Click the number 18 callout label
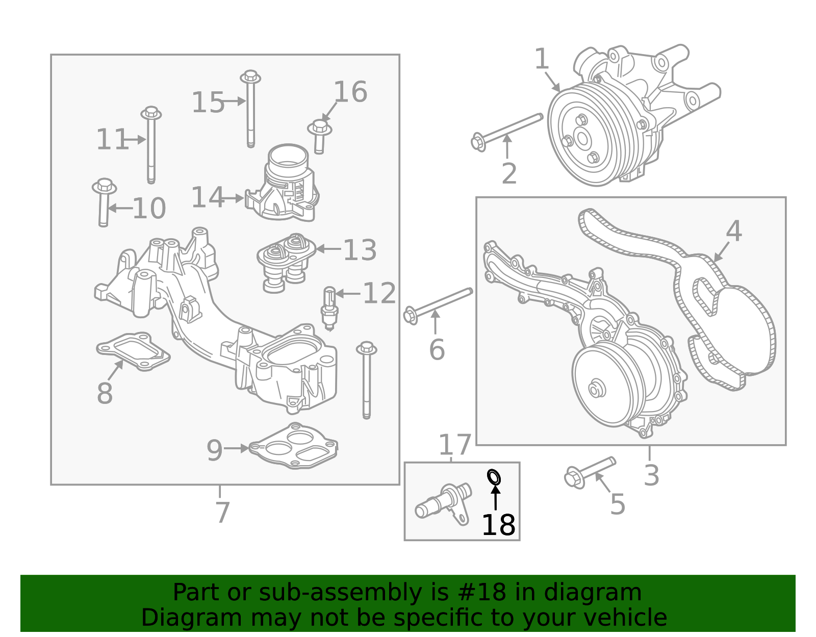tap(498, 525)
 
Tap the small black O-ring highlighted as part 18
tap(494, 477)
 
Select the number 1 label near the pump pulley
tap(541, 59)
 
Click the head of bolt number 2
tap(478, 143)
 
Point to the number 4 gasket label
tap(733, 231)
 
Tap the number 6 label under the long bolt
tap(437, 350)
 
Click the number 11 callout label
tap(112, 140)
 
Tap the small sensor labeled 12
tap(329, 308)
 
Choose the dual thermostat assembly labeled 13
tap(286, 261)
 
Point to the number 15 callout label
tap(208, 103)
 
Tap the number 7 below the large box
tap(222, 512)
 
